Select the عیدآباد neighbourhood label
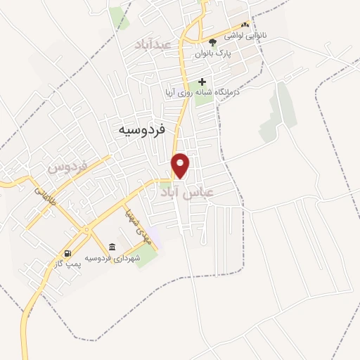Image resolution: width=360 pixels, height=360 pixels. click(x=154, y=44)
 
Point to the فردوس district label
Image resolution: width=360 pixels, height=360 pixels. click(x=67, y=167)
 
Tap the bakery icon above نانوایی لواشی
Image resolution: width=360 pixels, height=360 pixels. click(x=245, y=24)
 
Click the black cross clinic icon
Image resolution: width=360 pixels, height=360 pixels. click(x=202, y=82)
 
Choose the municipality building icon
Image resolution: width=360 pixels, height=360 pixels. click(x=112, y=246)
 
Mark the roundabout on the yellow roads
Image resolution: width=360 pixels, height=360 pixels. click(x=86, y=231)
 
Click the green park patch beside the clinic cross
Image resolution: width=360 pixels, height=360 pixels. click(x=204, y=96)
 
